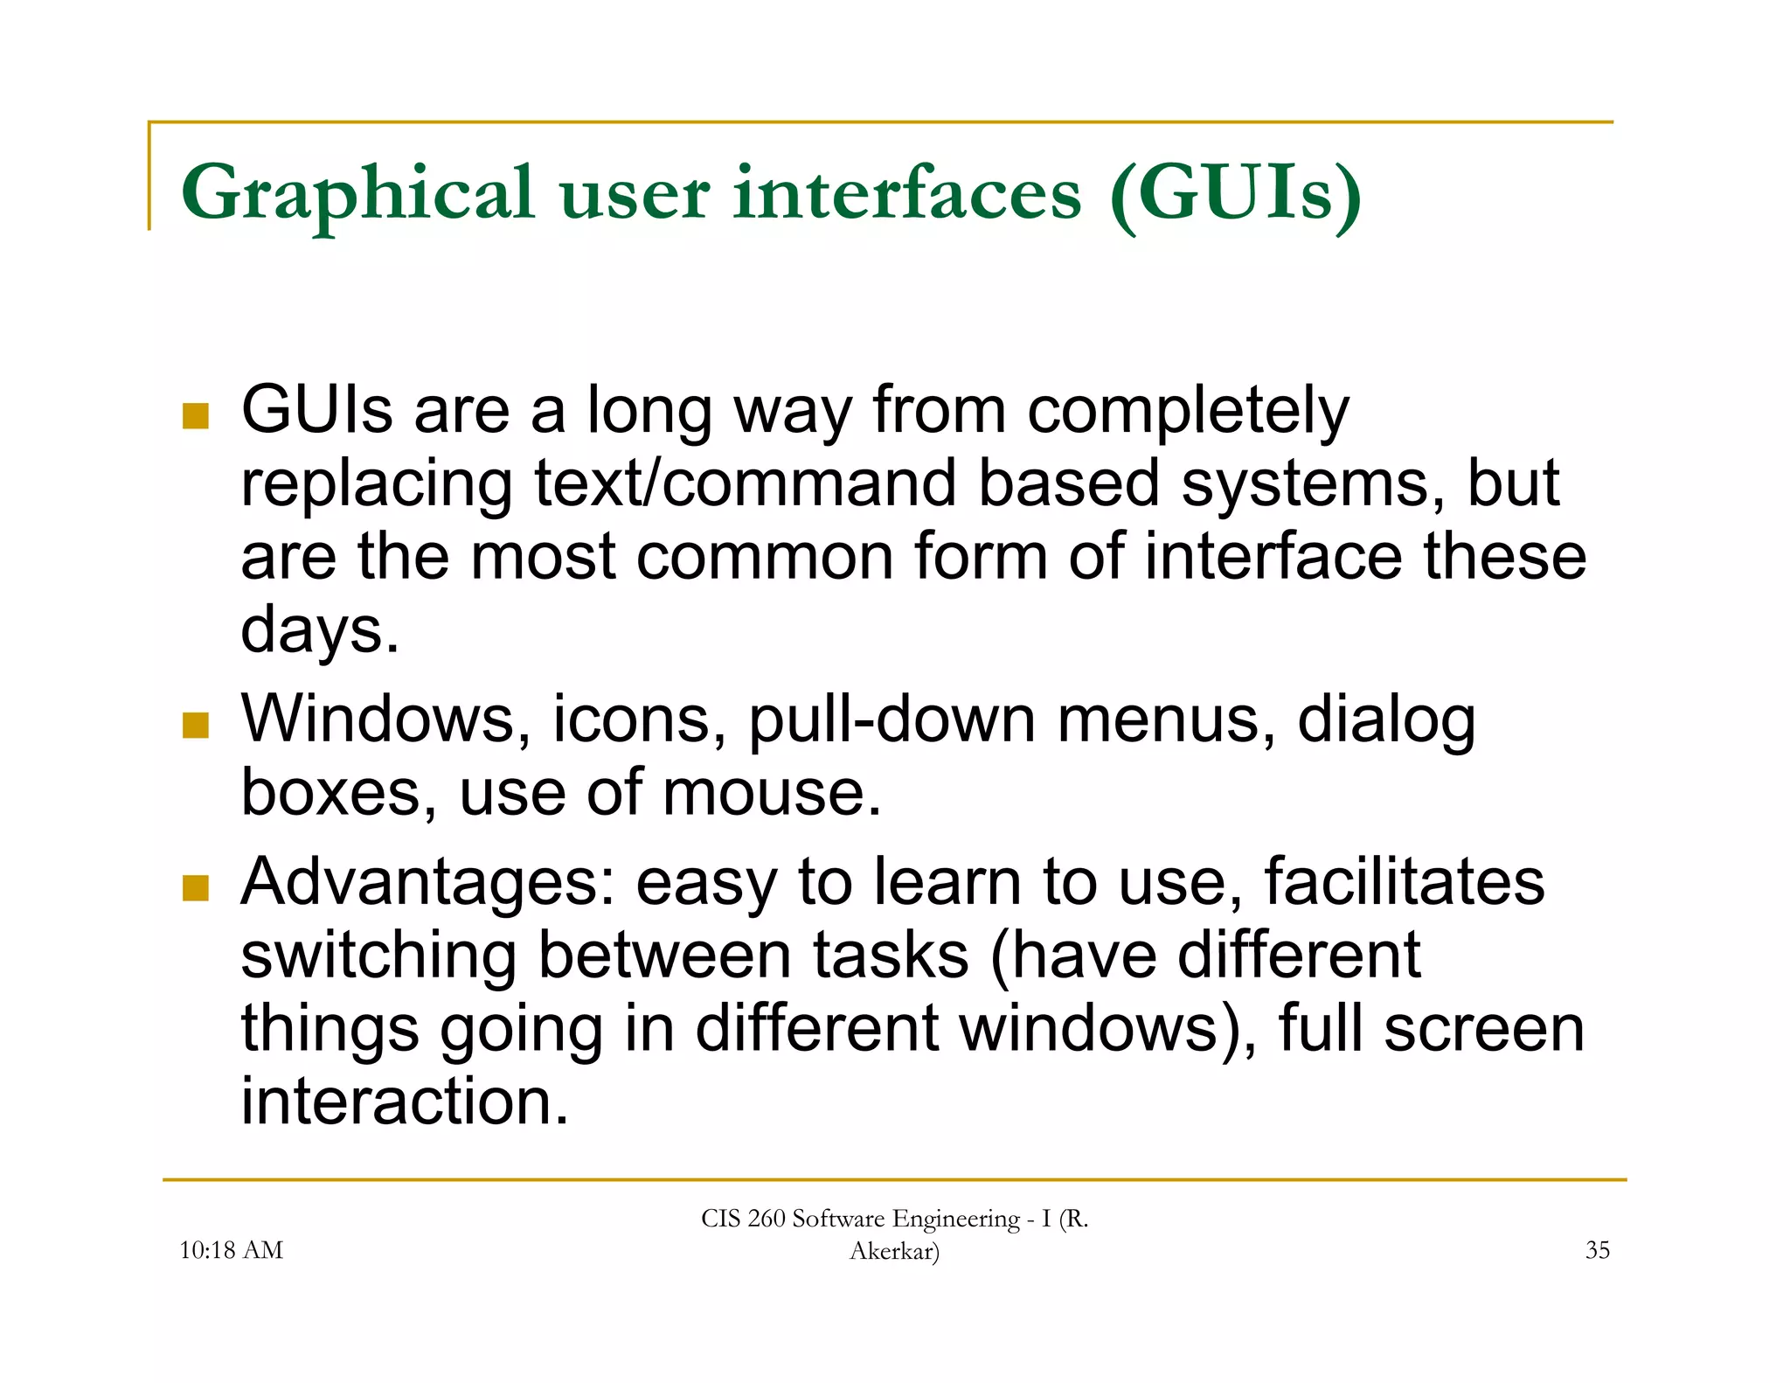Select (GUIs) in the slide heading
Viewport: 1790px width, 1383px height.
[1235, 194]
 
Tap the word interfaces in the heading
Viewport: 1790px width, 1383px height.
[907, 194]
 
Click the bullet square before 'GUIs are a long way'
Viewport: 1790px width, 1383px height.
[196, 415]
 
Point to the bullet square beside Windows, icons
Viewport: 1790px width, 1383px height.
[196, 725]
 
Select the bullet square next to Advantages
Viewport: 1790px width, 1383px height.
[196, 887]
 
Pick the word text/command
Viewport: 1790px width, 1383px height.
[746, 483]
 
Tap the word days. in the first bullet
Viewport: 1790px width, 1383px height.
[320, 630]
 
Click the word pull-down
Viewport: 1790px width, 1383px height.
[892, 719]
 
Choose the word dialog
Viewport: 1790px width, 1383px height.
[1386, 719]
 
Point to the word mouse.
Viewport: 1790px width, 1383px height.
[772, 793]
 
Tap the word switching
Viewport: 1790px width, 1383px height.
[378, 956]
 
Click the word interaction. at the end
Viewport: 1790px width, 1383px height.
[405, 1102]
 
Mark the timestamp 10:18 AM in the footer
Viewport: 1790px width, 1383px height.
[231, 1250]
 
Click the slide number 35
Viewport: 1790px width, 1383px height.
[1598, 1250]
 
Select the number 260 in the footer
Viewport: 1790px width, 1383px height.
[767, 1219]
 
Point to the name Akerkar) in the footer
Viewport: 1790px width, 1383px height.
[894, 1251]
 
